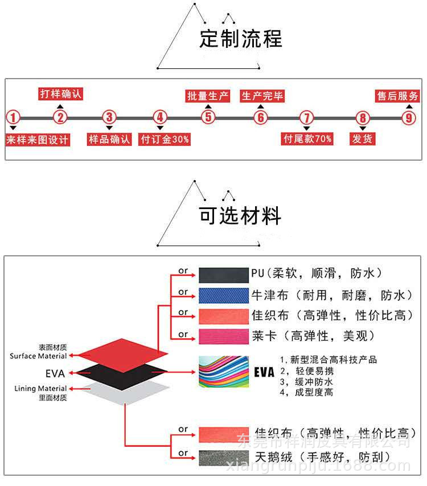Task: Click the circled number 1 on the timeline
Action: tap(13, 118)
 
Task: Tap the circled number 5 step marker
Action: tap(208, 118)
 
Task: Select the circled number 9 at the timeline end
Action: tap(408, 118)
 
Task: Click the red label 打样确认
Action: tap(60, 94)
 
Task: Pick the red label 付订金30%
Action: tap(165, 139)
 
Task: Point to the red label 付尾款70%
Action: tap(307, 138)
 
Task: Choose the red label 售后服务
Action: tap(397, 96)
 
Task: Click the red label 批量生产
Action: tap(208, 96)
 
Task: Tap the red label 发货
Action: tap(362, 138)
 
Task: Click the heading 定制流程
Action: tap(241, 39)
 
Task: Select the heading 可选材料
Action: tap(240, 216)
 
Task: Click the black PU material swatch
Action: tap(224, 275)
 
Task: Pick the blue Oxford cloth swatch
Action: tap(224, 296)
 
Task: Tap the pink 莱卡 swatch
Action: tap(224, 336)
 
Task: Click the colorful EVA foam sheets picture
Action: tap(224, 373)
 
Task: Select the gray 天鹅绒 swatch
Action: tap(224, 458)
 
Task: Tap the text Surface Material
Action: tap(38, 356)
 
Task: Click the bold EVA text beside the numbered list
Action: tap(264, 373)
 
